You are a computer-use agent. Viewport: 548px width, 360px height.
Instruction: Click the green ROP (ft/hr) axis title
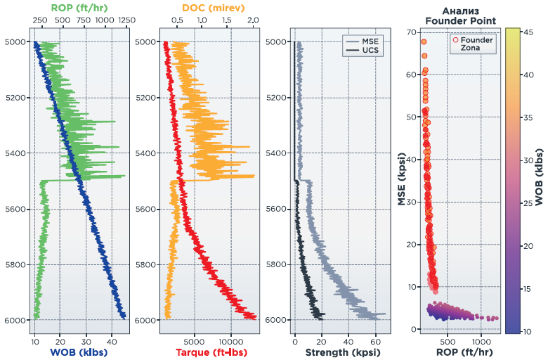[79, 8]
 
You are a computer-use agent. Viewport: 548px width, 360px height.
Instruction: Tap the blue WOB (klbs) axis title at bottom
[79, 352]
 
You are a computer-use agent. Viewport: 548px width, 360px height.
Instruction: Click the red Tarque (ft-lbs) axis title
[211, 352]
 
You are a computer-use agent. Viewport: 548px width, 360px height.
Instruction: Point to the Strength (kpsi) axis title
[343, 352]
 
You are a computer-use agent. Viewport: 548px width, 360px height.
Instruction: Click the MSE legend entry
[370, 41]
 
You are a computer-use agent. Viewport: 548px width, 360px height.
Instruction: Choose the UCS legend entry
[370, 50]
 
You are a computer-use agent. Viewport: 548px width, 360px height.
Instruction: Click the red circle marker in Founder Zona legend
[455, 40]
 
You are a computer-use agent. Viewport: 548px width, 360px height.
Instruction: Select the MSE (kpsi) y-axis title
[402, 179]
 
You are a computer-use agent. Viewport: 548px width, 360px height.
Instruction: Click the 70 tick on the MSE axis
[411, 32]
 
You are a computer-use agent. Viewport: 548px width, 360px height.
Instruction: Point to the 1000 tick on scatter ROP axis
[481, 342]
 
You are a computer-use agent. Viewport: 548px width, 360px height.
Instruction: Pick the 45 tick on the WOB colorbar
[528, 32]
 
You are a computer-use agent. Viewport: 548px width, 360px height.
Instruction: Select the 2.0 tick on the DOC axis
[253, 20]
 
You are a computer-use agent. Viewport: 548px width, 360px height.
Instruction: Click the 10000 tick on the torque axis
[230, 342]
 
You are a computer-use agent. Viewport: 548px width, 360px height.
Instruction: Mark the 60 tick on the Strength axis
[376, 342]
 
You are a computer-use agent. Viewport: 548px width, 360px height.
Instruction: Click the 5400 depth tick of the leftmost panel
[15, 153]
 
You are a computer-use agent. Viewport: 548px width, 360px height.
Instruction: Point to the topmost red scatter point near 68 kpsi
[424, 42]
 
